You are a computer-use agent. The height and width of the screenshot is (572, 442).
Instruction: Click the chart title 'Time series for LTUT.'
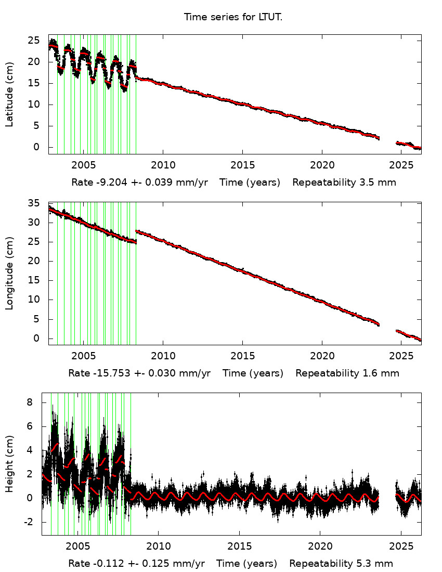click(233, 17)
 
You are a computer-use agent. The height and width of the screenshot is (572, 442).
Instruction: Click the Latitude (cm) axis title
click(9, 94)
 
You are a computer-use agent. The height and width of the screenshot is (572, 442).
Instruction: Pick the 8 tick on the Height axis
click(37, 402)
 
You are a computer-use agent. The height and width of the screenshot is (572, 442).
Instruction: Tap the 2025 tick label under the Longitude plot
click(401, 357)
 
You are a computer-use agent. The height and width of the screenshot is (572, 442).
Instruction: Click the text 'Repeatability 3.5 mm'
click(344, 183)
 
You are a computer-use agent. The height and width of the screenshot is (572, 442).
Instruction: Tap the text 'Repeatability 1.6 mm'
click(347, 373)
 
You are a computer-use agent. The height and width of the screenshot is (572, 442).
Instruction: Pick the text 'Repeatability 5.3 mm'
click(341, 564)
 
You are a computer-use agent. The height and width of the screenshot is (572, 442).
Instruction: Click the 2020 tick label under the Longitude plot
click(321, 357)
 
